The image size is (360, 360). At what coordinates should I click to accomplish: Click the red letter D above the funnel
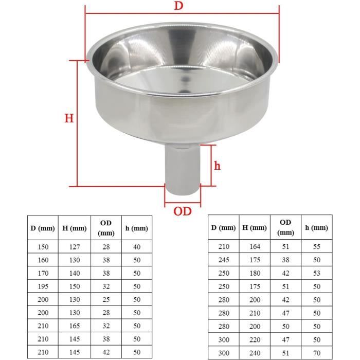click(179, 6)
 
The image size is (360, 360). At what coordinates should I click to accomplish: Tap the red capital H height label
click(69, 118)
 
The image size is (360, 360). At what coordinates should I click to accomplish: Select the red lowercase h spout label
click(217, 166)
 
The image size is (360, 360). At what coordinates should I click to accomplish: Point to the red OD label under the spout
click(183, 211)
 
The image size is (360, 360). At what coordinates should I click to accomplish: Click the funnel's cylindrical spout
click(183, 169)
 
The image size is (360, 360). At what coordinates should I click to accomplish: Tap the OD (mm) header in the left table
click(106, 228)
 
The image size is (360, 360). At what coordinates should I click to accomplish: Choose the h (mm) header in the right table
click(317, 227)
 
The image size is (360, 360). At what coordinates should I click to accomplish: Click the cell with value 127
click(75, 247)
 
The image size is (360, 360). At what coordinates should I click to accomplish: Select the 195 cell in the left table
click(43, 286)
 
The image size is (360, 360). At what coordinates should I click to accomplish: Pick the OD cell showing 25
click(106, 300)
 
